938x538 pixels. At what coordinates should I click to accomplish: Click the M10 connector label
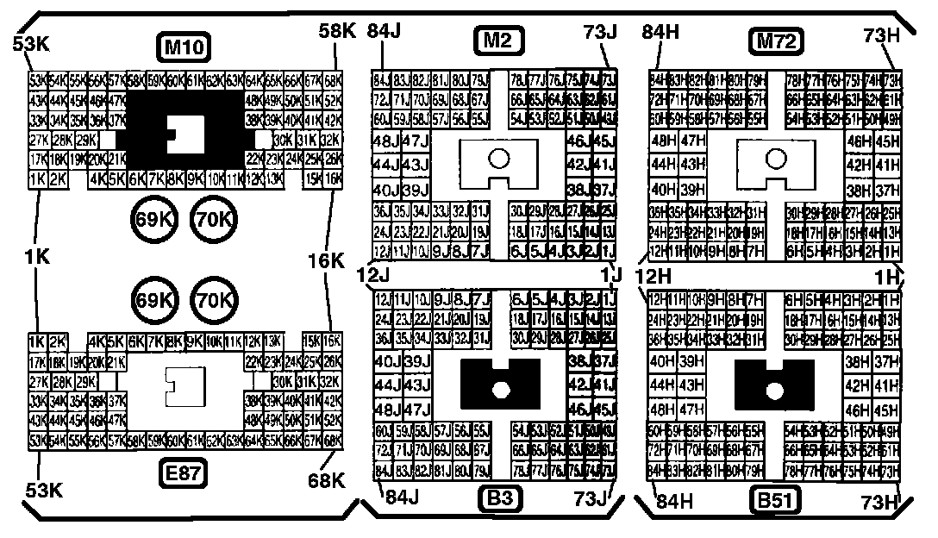click(183, 46)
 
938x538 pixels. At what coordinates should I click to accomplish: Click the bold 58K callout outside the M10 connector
click(336, 30)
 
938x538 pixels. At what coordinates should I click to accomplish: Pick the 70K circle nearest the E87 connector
click(210, 300)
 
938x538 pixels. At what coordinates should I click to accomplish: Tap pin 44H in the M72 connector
click(663, 164)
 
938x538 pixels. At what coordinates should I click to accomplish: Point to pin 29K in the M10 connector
click(86, 139)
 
